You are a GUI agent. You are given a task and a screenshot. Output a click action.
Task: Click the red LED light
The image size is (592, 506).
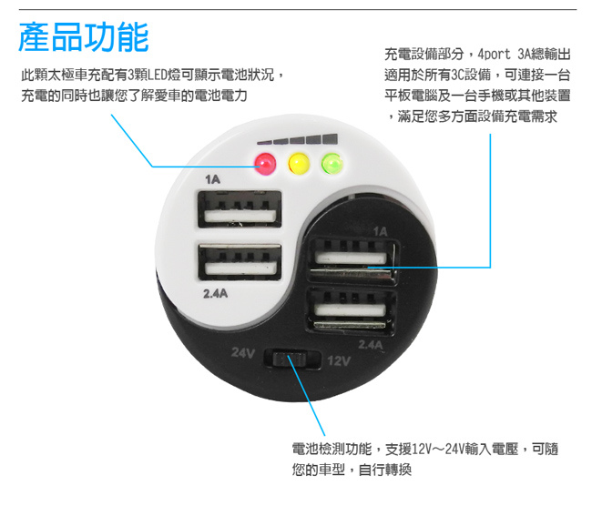point(265,164)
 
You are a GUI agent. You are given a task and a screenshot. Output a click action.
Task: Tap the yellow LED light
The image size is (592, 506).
point(299,164)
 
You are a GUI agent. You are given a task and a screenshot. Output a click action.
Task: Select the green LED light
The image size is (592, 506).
point(332,164)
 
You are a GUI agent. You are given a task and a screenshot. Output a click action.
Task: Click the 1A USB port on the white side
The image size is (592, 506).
point(240,209)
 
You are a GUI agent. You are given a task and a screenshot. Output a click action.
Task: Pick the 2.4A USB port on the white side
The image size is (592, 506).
point(240,262)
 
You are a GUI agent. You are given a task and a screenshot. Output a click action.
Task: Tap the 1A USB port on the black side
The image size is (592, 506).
point(352,259)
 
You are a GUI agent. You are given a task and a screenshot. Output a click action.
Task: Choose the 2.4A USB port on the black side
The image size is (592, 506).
point(352,311)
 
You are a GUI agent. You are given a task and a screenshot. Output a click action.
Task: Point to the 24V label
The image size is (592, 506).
point(243,353)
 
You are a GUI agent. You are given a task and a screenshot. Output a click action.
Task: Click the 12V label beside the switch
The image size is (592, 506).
point(339,361)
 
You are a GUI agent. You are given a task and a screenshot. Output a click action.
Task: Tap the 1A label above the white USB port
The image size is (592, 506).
point(212,179)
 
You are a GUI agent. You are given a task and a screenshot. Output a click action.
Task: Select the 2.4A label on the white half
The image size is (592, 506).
point(216,293)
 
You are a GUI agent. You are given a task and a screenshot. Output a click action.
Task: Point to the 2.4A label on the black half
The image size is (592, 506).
point(371,345)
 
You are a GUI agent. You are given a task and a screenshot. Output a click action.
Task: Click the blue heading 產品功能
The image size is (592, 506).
point(84,36)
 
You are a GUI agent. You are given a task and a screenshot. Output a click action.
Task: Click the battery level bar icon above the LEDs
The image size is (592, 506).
point(298,139)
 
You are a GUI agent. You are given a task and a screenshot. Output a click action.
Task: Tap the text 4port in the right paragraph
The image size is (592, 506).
point(495,55)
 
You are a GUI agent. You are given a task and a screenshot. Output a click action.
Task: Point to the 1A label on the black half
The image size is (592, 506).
point(380,231)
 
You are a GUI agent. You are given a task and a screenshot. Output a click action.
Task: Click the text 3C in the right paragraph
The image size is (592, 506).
point(457,75)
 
